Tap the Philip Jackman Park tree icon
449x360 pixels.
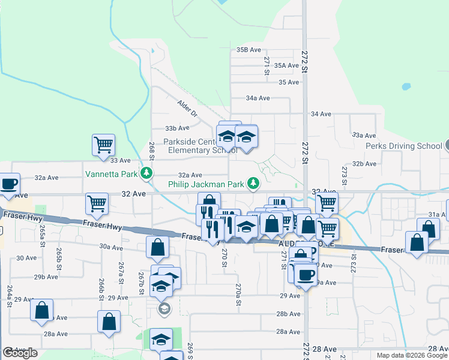point(254,182)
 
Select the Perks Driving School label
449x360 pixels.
point(403,146)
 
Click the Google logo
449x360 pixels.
point(20,353)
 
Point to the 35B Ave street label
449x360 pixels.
point(249,50)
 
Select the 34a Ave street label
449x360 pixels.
point(258,98)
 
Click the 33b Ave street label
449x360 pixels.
point(177,128)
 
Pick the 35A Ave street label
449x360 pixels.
point(286,65)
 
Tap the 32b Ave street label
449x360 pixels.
point(364,163)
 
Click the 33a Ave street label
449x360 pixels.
point(364,136)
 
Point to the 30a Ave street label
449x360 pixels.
point(111,247)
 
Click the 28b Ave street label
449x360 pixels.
point(288,314)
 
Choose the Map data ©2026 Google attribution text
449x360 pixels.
point(411,355)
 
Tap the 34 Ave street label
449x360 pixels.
point(321,113)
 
